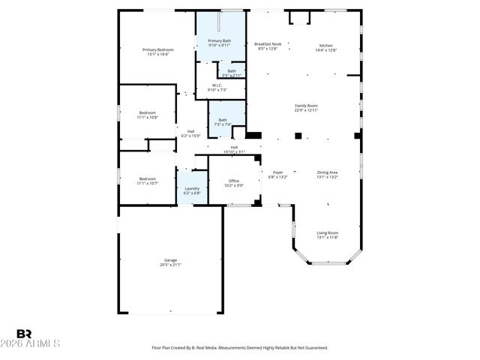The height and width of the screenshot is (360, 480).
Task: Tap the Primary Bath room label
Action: (x=220, y=40)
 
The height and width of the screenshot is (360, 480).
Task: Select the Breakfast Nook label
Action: (x=268, y=45)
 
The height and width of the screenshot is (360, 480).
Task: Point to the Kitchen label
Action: (x=326, y=45)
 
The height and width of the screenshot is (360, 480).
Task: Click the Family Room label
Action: (x=306, y=106)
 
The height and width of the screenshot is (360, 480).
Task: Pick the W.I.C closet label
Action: (x=216, y=85)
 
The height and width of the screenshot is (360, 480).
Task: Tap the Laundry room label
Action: (x=192, y=188)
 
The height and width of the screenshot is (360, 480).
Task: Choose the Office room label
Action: (x=234, y=181)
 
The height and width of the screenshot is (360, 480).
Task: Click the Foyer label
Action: (x=277, y=172)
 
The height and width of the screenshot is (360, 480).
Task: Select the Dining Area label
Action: (x=328, y=172)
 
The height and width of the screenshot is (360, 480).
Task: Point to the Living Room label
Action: (x=327, y=232)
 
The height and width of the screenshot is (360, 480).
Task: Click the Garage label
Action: (x=170, y=260)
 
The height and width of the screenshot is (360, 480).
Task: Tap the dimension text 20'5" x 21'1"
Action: (x=170, y=265)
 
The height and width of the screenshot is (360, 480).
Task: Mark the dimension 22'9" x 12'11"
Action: (x=306, y=110)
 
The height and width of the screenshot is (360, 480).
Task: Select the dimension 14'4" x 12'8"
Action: (x=326, y=49)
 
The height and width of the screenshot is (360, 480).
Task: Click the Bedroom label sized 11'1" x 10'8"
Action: (x=147, y=112)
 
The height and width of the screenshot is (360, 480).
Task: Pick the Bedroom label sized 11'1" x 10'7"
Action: (x=147, y=178)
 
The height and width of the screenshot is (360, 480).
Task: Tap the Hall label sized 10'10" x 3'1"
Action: (x=234, y=147)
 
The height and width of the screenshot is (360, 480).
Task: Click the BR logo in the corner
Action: (x=24, y=334)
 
